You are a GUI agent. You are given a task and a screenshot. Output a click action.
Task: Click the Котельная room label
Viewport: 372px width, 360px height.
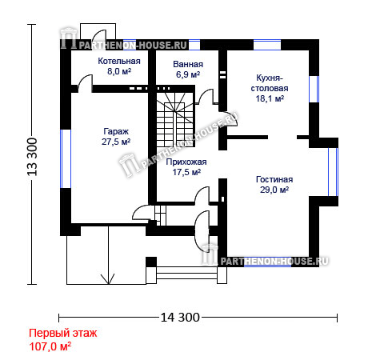(x=119, y=61)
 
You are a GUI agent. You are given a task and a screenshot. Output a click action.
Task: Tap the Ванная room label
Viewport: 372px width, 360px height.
(x=188, y=64)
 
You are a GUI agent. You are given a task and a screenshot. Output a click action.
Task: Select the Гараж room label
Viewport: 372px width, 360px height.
(x=116, y=131)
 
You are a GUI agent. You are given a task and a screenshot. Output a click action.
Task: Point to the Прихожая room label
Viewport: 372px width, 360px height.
(x=186, y=162)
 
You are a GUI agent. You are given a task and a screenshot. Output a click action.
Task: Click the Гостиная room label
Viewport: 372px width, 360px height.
(x=274, y=179)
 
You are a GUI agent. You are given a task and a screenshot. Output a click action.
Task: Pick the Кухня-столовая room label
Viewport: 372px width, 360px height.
(x=270, y=83)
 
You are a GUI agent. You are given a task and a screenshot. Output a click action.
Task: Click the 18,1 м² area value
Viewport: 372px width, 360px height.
(x=270, y=98)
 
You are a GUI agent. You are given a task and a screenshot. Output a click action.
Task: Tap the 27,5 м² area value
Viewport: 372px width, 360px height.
(x=116, y=142)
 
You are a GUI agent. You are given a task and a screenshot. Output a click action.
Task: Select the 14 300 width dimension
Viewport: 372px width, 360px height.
(x=180, y=318)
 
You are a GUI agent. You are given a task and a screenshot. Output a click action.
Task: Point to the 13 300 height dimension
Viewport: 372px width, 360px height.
(x=32, y=157)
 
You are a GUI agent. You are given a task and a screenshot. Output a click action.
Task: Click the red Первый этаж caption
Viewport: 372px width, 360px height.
(x=63, y=333)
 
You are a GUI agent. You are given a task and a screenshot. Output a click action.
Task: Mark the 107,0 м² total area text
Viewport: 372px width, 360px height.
(x=50, y=346)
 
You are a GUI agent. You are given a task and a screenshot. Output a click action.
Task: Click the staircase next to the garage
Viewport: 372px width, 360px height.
(x=175, y=119)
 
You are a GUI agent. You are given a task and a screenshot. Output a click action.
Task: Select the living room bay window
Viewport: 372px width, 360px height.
(x=333, y=172)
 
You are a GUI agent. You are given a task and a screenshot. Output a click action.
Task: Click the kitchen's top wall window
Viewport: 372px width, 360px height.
(x=267, y=45)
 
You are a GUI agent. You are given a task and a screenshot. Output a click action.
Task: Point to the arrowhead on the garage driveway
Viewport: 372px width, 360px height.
(x=108, y=279)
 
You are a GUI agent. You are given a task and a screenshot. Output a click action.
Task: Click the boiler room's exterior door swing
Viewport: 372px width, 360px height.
(x=99, y=34)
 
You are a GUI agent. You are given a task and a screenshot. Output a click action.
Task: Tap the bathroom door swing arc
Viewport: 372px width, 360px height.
(x=206, y=96)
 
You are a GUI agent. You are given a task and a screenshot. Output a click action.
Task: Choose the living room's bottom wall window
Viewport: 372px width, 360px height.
(x=268, y=262)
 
